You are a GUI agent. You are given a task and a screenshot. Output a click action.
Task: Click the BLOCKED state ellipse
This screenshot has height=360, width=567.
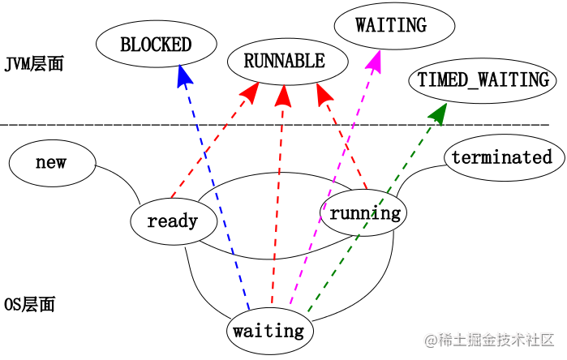(x=155, y=45)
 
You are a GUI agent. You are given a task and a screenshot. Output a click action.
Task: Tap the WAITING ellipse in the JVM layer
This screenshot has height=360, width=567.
(x=390, y=25)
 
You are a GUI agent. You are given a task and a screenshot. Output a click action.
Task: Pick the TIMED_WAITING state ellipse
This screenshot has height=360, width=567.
(x=483, y=79)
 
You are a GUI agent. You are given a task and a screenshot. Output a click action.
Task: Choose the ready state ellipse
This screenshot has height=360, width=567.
(x=173, y=220)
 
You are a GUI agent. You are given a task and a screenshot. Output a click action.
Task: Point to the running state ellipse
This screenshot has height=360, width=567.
(x=364, y=213)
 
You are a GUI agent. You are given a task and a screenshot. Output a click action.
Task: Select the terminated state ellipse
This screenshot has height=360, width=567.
(x=501, y=157)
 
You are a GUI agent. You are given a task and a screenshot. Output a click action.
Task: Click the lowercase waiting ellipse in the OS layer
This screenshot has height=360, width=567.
(x=268, y=331)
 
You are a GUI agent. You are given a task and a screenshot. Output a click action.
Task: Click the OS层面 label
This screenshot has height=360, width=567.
(x=29, y=305)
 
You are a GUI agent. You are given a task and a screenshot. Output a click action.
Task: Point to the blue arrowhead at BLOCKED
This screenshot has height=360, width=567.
(x=184, y=77)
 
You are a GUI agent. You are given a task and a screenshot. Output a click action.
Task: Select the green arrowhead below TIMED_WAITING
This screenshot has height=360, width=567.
(x=439, y=113)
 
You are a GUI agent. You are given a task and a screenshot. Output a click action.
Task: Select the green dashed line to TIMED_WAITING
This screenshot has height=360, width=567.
(x=373, y=211)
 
